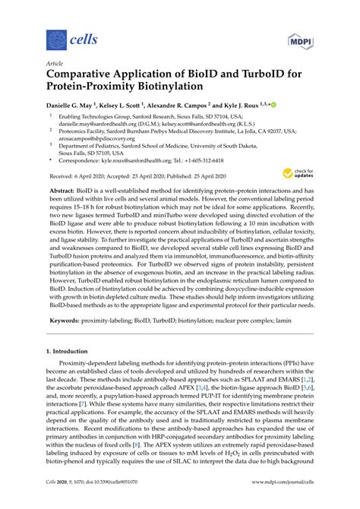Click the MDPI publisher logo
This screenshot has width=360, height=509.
pyautogui.click(x=300, y=37)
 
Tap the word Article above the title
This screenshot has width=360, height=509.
pyautogui.click(x=55, y=64)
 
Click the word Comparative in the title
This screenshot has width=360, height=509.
pyautogui.click(x=85, y=75)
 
